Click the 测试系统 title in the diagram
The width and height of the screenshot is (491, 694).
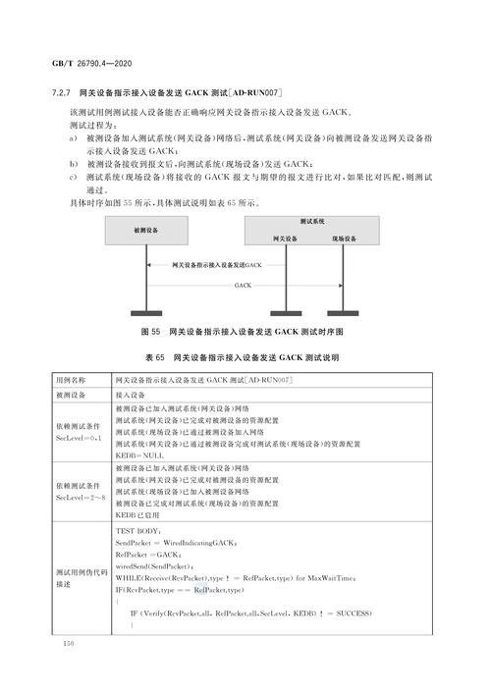click(x=315, y=222)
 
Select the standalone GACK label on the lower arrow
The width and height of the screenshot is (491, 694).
click(x=244, y=286)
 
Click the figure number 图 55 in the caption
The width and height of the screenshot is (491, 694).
click(x=153, y=332)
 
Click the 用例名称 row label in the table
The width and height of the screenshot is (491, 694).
click(x=73, y=379)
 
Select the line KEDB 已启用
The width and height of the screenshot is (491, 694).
click(x=141, y=515)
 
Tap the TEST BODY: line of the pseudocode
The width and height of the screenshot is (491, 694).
click(x=145, y=531)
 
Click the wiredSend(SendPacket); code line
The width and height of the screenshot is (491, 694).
click(x=154, y=566)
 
